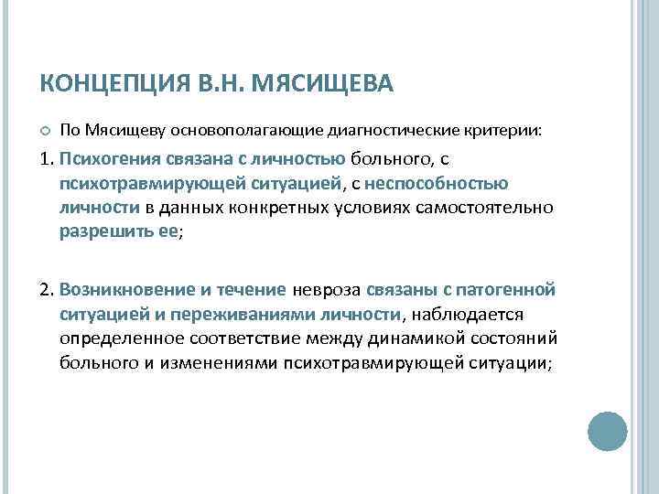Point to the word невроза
[327, 292]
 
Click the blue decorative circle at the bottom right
[606, 431]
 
